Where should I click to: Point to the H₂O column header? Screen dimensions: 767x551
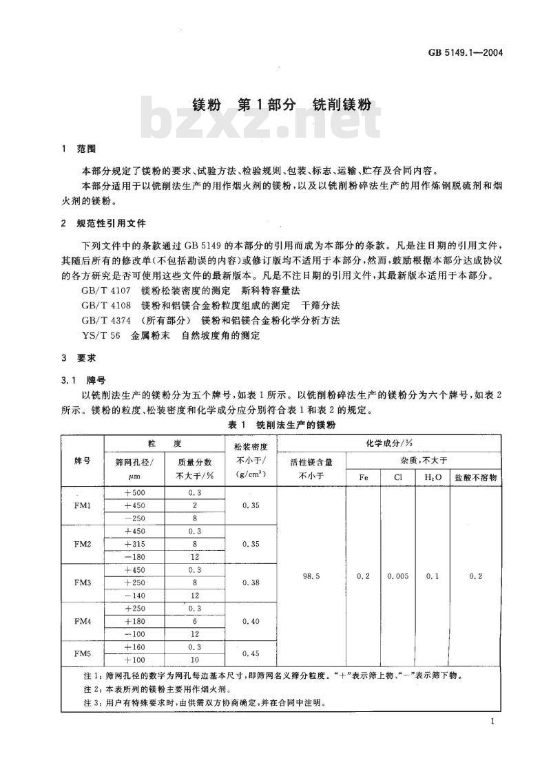coord(432,476)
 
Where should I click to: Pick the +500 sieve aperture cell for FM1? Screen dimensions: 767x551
coord(135,494)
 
